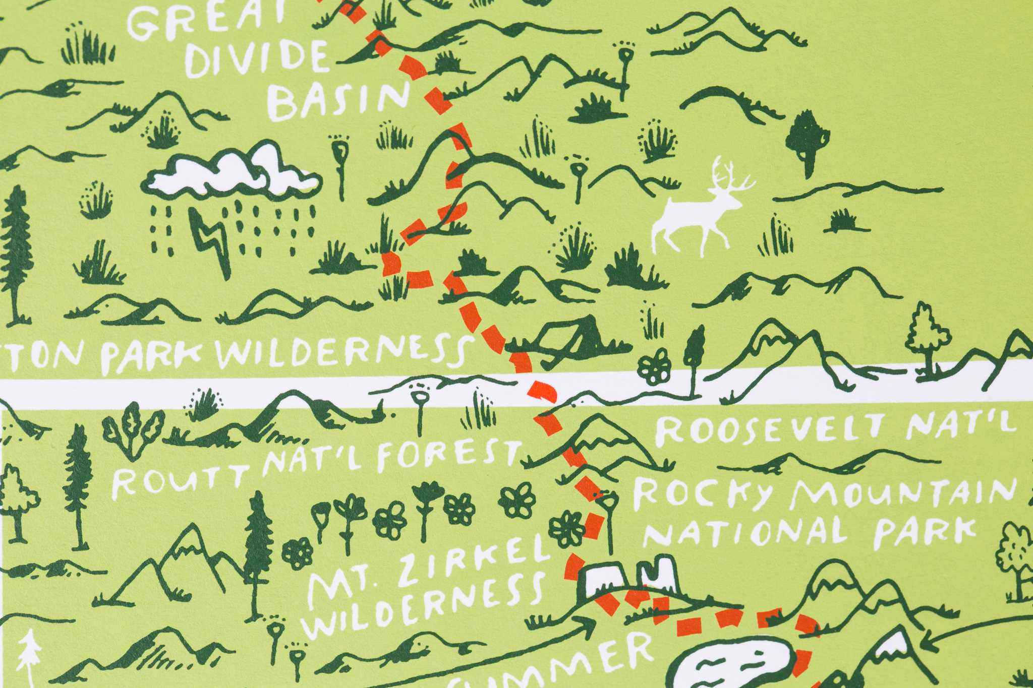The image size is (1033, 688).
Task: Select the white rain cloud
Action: tap(232, 174)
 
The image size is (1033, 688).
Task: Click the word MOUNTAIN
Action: tap(903, 491)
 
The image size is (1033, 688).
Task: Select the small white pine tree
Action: tap(29, 655)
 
